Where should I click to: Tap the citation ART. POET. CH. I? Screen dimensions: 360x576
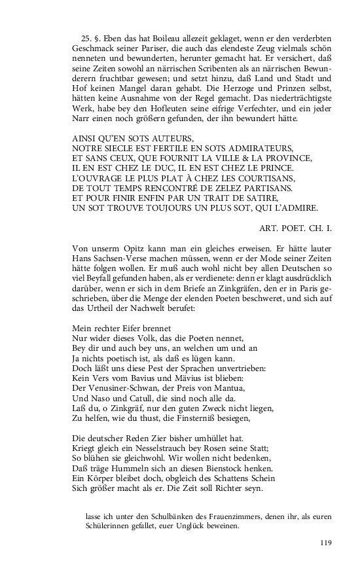294,228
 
